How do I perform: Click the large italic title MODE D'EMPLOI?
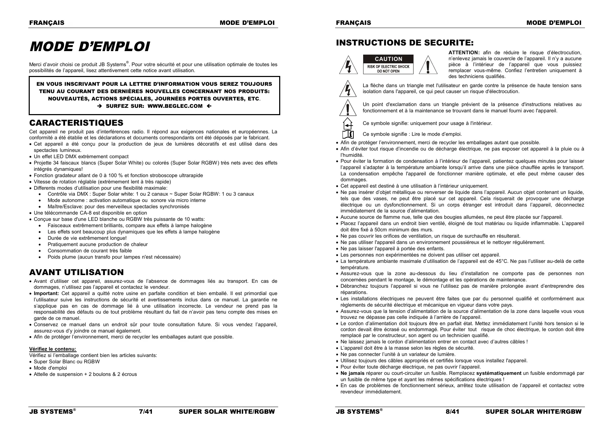coord(90,47)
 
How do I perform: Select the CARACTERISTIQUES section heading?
coord(76,123)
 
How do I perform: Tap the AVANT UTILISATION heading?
coord(76,272)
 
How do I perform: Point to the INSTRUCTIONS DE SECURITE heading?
coord(405,43)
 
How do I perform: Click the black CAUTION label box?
coord(388,59)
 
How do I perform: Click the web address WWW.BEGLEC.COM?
coord(175,106)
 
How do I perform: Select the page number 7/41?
coord(146,412)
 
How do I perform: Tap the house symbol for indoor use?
coord(347,124)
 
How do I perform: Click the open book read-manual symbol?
coord(347,134)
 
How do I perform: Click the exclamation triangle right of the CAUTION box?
coord(428,65)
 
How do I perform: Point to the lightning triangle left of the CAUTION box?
coord(348,65)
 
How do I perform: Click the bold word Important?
coord(47,293)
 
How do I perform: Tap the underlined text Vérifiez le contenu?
coord(52,349)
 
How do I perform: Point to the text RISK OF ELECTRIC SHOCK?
coord(388,66)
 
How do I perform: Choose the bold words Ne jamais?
coord(352,373)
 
